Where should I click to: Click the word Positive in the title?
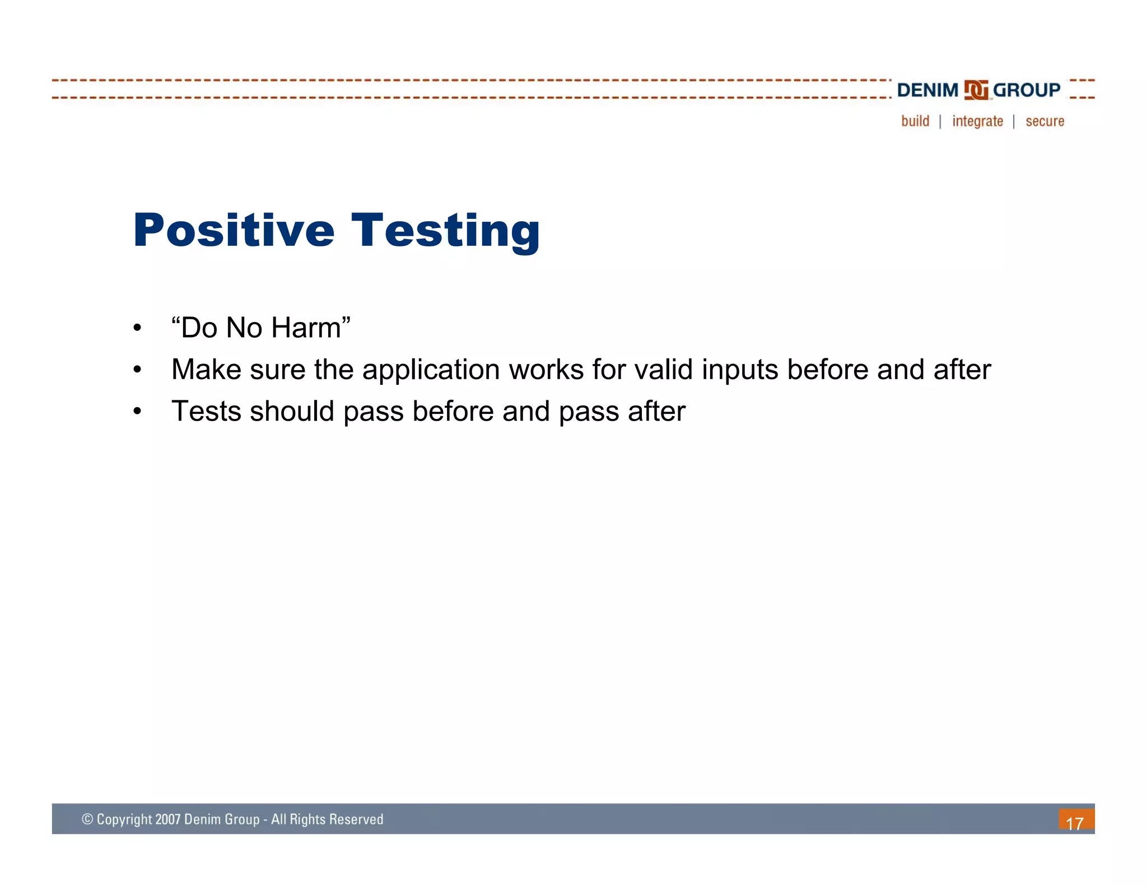click(x=234, y=230)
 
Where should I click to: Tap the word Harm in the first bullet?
click(x=306, y=328)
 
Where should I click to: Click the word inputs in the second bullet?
click(x=739, y=370)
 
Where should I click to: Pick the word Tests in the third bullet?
click(x=206, y=412)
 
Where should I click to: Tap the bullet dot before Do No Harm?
click(x=137, y=328)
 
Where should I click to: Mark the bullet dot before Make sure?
click(x=137, y=370)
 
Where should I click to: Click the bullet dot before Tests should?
click(x=137, y=412)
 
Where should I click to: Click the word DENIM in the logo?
click(x=927, y=90)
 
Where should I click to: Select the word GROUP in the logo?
click(x=1026, y=90)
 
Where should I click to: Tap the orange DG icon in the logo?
click(x=976, y=90)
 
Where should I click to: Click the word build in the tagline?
click(x=915, y=121)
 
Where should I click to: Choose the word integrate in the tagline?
click(x=977, y=121)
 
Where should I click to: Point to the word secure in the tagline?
click(x=1045, y=121)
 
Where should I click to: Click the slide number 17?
click(x=1075, y=823)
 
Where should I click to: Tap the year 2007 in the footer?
click(x=167, y=819)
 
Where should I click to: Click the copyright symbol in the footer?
click(x=87, y=819)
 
